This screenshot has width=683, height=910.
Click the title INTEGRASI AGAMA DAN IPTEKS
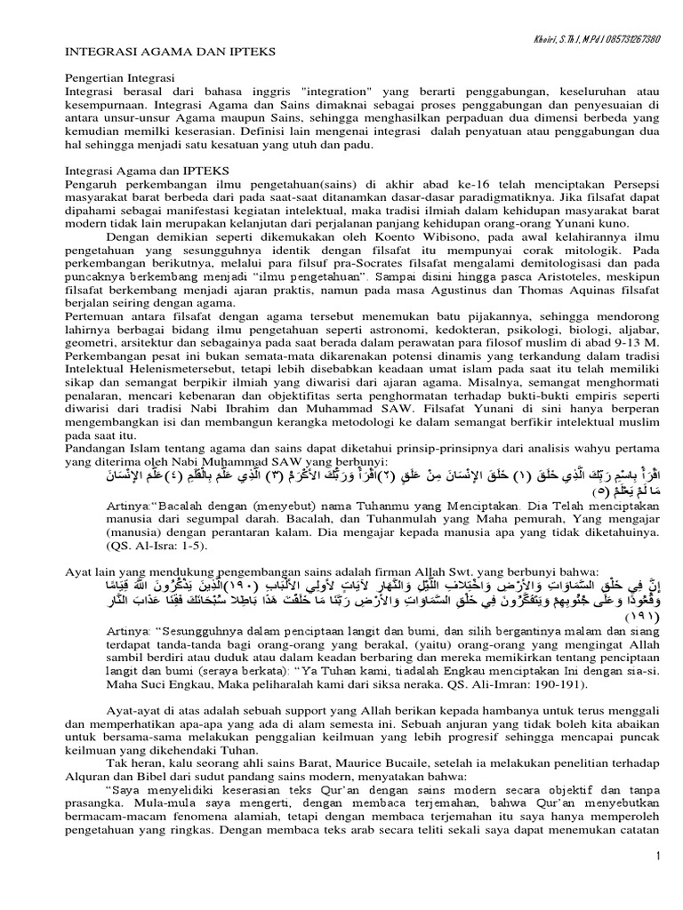148,52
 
